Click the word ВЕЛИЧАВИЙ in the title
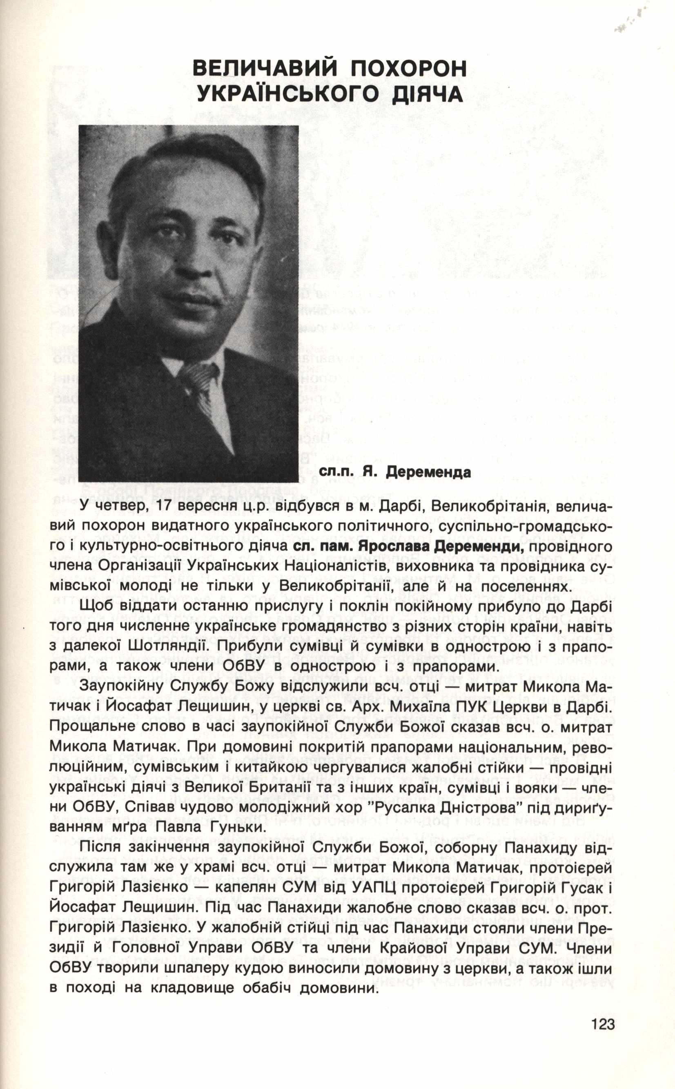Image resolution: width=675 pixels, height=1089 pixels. click(x=264, y=69)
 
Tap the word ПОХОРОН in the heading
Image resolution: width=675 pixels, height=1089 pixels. click(x=408, y=69)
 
